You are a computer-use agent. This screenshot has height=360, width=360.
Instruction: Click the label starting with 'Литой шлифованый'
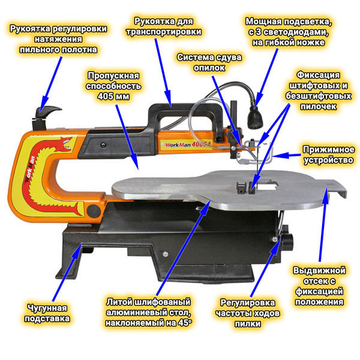coord(148,312)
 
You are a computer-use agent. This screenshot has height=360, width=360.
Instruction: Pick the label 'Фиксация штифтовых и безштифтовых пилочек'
coord(319,91)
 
